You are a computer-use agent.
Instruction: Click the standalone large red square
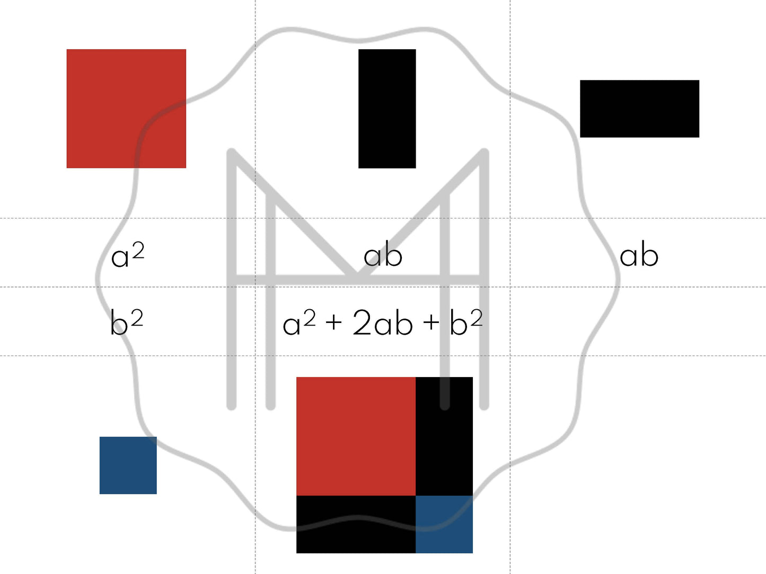(x=126, y=109)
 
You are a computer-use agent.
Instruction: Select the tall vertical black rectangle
(x=387, y=109)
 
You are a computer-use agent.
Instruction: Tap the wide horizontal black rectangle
(x=639, y=109)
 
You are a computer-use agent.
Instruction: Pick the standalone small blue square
(x=128, y=465)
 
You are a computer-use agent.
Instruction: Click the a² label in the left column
(x=127, y=255)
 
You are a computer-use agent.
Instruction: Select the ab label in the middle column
(x=383, y=255)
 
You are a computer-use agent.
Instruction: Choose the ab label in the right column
(x=639, y=255)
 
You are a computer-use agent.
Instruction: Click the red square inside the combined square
(x=356, y=436)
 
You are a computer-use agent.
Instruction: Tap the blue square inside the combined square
(x=444, y=524)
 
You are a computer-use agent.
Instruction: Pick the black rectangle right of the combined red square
(x=444, y=436)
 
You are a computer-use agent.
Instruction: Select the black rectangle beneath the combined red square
(x=356, y=524)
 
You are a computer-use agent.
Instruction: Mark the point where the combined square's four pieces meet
(x=416, y=496)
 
